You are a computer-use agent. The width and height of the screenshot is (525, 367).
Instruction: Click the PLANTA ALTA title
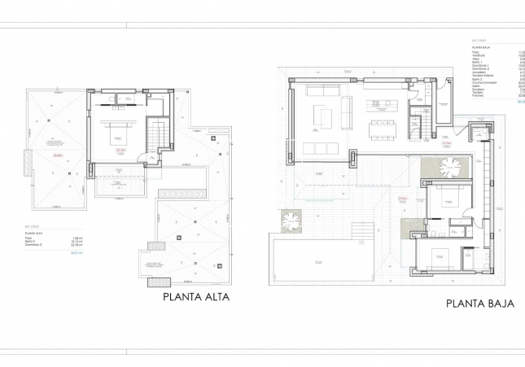(196, 298)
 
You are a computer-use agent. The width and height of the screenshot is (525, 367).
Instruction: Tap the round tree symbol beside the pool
(291, 219)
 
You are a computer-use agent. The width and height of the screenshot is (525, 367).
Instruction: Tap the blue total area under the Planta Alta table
(55, 254)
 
